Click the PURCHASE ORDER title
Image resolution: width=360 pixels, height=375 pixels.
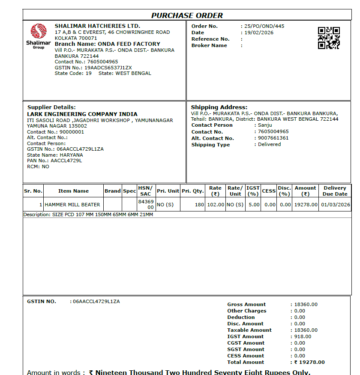(x=187, y=15)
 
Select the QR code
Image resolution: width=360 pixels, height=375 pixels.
(x=329, y=38)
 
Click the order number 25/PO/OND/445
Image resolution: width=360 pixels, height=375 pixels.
(x=264, y=26)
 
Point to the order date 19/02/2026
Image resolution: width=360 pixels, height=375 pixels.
(x=259, y=33)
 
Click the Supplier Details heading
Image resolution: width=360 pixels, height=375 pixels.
(x=51, y=107)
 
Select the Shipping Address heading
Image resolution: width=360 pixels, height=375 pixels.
(x=219, y=107)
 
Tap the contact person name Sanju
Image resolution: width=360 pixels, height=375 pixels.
(x=265, y=125)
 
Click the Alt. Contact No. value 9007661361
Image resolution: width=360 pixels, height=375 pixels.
(x=273, y=138)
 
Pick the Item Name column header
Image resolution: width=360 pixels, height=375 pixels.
(x=73, y=191)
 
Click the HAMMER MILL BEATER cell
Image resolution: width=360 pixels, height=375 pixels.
(x=72, y=205)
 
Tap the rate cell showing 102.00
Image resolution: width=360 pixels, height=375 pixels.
(x=216, y=205)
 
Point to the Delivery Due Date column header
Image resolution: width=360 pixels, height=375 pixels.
(x=335, y=191)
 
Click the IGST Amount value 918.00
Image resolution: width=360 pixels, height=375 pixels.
(x=303, y=336)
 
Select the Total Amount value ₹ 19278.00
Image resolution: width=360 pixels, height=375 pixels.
(x=309, y=362)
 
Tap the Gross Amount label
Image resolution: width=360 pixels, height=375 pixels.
(x=246, y=304)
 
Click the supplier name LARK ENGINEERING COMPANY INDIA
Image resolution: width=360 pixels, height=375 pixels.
(x=82, y=114)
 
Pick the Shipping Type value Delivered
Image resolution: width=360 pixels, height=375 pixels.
(x=269, y=144)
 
